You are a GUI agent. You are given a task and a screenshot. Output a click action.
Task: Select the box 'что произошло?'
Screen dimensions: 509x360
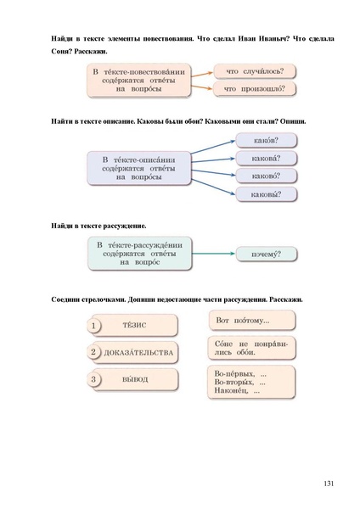tap(254, 88)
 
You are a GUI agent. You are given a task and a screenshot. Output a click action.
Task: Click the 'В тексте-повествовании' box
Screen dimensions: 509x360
tap(138, 79)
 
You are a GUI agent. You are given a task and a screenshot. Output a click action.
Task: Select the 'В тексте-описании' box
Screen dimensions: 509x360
tap(138, 167)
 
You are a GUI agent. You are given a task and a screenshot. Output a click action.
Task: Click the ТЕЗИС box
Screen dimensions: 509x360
tap(135, 325)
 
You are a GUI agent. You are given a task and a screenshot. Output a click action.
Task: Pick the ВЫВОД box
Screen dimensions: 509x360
tap(135, 379)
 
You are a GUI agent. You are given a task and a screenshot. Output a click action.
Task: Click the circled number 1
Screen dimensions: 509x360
tap(94, 325)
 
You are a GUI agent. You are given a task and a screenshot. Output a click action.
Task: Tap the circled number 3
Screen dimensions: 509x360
tap(94, 379)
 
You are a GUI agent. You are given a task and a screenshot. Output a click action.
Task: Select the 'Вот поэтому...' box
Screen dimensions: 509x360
tap(250, 321)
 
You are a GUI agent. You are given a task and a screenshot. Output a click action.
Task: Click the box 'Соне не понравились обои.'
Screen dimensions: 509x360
tap(250, 349)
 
